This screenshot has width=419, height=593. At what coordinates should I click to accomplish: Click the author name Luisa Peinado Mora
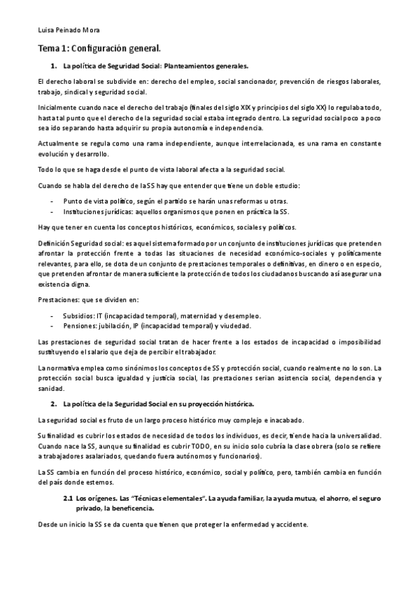click(x=69, y=31)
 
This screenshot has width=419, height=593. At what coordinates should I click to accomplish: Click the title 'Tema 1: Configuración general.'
click(x=99, y=48)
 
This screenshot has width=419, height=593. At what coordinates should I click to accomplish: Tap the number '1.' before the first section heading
click(x=53, y=66)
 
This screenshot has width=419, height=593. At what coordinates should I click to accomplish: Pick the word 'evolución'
click(x=55, y=154)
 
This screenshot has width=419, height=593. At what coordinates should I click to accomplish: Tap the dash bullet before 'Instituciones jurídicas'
click(x=54, y=211)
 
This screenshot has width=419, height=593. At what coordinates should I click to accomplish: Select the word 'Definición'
click(x=53, y=242)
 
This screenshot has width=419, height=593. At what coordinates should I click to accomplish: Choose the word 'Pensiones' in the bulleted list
click(x=80, y=326)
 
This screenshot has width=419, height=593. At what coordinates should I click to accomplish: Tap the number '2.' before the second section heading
click(x=53, y=405)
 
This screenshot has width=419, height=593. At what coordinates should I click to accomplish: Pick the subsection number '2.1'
click(x=69, y=499)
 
